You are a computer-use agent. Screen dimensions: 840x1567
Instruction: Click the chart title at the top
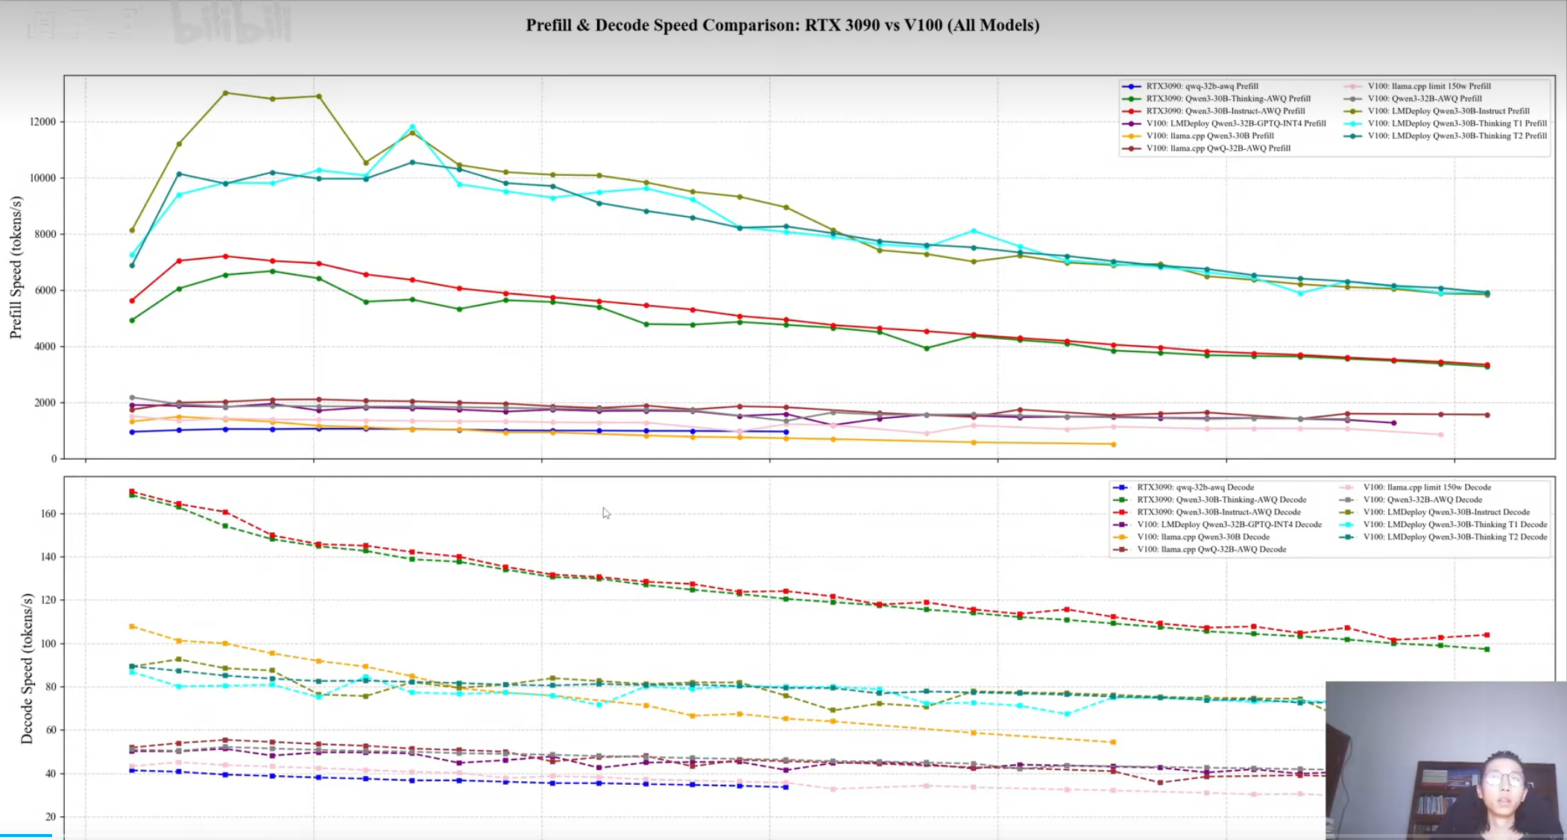782,25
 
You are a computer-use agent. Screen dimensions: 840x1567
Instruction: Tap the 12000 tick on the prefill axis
42,121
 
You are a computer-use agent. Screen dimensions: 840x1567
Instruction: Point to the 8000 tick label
45,234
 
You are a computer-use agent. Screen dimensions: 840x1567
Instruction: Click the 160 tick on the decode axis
48,514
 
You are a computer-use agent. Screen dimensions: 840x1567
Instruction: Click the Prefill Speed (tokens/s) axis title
16,267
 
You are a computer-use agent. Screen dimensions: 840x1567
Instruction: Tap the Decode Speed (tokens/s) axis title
27,668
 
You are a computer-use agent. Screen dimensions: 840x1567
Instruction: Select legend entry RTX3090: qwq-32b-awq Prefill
1202,86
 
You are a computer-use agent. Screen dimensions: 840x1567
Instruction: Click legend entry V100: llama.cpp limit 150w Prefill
1428,86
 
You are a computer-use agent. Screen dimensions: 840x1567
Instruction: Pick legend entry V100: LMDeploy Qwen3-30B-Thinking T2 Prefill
1457,136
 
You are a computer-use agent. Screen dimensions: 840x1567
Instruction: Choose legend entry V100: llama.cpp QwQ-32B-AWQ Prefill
1218,148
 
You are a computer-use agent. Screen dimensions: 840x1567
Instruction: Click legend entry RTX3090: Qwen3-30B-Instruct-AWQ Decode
1218,512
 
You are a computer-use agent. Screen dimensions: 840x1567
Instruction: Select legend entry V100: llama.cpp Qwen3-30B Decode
1202,537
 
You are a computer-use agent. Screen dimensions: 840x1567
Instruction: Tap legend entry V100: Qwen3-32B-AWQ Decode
1422,499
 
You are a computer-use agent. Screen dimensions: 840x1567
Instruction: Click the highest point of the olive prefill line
226,93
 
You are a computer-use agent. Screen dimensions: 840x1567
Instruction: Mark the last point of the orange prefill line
1114,444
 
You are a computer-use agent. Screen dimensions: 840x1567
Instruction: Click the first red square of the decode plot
132,492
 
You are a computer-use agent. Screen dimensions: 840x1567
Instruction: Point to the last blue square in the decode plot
786,787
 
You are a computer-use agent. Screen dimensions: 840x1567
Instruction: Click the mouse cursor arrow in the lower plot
606,513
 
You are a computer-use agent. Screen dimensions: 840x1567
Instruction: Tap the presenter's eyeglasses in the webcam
1503,780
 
